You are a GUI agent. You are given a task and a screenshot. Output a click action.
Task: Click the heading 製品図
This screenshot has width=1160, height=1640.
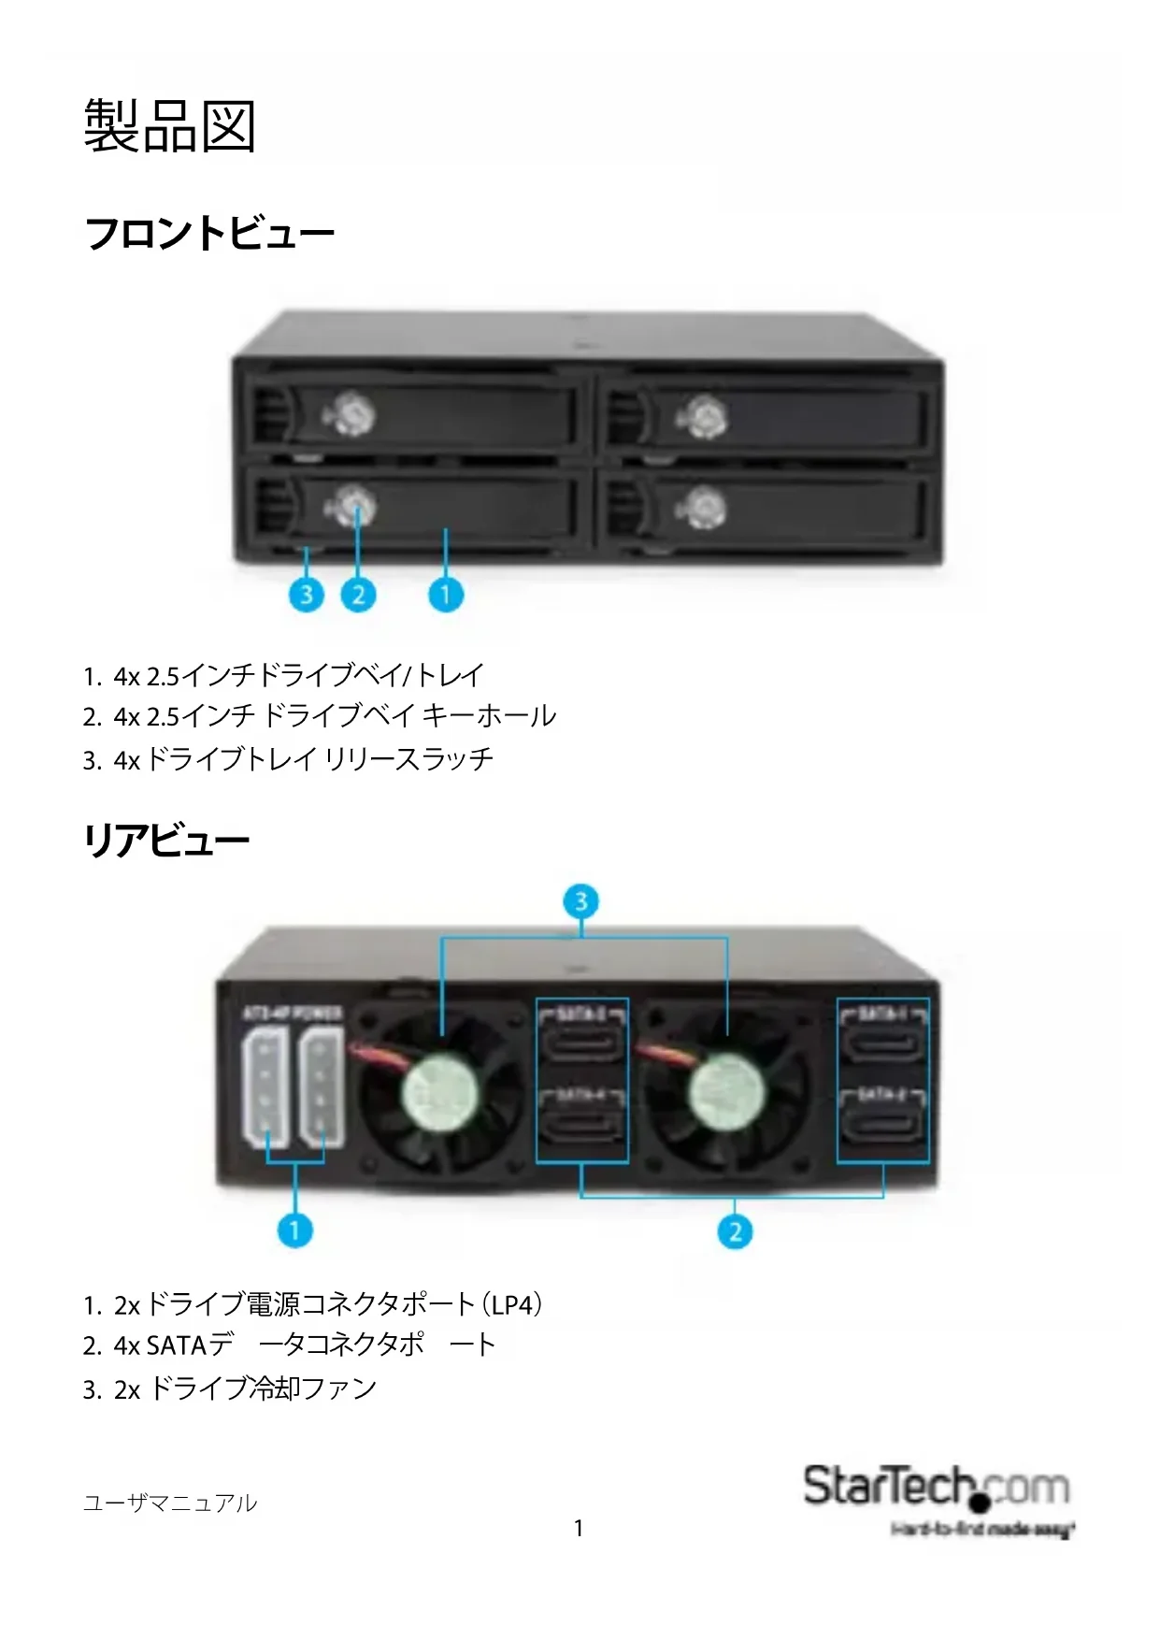coord(169,125)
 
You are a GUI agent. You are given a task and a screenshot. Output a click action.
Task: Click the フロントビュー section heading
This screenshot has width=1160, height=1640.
coord(209,233)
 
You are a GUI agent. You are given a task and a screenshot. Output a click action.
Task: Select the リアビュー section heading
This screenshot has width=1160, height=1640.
coord(166,840)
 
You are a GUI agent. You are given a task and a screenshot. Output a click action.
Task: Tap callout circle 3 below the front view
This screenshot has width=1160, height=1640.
coord(307,594)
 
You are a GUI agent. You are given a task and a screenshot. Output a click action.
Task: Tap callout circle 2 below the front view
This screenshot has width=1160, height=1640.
coord(358,594)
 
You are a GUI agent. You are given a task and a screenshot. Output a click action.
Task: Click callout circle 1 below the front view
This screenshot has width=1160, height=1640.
coord(446,594)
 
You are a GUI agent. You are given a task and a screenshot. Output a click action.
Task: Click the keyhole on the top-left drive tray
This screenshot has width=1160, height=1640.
coord(352,412)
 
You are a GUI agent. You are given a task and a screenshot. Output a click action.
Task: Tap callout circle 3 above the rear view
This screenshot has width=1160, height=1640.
coord(581,901)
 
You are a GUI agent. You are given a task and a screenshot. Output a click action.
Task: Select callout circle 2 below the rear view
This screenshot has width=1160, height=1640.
coord(735,1230)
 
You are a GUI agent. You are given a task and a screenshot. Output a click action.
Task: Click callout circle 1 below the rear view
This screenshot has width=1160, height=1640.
coord(295,1230)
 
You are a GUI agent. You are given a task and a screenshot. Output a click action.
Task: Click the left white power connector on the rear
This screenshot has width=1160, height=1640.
coord(265,1089)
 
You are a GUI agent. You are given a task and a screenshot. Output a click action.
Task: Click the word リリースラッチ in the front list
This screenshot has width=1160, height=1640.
coord(408,758)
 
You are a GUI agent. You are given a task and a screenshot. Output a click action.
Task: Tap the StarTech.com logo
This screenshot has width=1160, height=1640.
coord(937,1489)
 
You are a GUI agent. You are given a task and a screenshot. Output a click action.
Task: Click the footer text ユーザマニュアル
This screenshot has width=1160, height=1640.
coord(169,1503)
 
